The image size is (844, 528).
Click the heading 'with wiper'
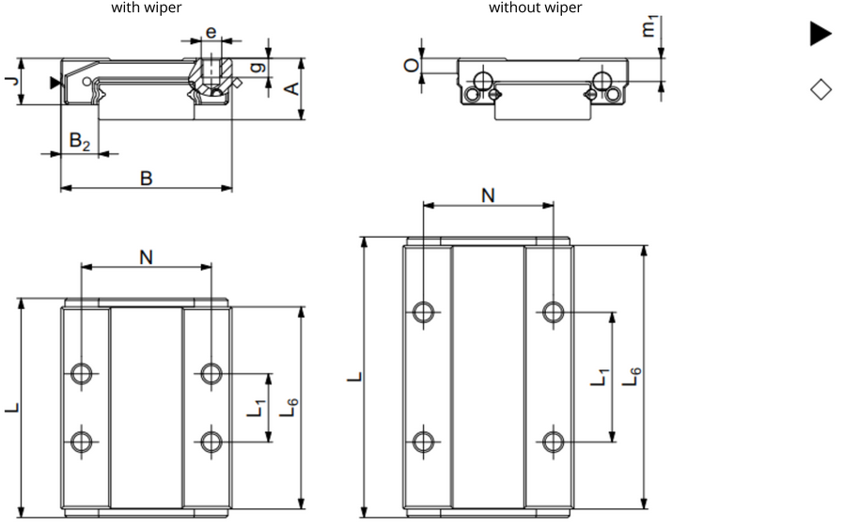click(147, 8)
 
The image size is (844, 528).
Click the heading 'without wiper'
click(535, 8)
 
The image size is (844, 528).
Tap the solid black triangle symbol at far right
click(820, 34)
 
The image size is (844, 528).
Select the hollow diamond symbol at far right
click(820, 89)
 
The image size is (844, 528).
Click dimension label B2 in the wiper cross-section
click(81, 141)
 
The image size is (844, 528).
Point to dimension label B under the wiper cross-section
click(146, 177)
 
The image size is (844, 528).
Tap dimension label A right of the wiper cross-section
click(292, 88)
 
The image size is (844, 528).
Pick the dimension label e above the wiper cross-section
click(211, 32)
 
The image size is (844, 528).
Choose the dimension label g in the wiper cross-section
click(257, 68)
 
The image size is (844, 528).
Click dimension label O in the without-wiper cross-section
click(410, 66)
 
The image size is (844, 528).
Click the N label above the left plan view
click(146, 256)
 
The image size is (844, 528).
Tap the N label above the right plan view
click(488, 194)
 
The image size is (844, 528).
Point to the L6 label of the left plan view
click(292, 407)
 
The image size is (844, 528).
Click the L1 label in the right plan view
click(600, 377)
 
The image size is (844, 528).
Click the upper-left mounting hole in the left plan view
click(82, 374)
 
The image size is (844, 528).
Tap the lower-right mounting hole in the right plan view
click(554, 440)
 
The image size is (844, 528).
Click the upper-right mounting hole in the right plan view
click(554, 311)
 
